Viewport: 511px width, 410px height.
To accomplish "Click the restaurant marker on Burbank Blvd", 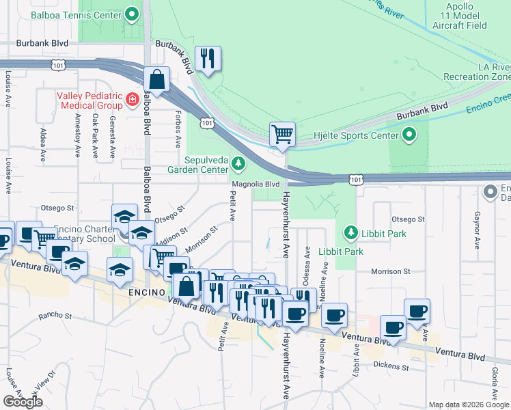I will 208,59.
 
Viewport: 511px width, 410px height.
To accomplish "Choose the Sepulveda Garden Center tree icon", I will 238,163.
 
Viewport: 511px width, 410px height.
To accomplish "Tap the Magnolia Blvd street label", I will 256,184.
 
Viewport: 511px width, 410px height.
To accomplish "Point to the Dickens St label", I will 391,367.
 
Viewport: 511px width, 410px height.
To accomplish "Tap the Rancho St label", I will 55,316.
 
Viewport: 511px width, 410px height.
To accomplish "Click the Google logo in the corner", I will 23,401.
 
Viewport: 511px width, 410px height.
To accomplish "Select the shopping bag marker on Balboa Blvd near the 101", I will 157,79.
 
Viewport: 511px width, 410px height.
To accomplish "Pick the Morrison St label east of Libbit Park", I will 389,271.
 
